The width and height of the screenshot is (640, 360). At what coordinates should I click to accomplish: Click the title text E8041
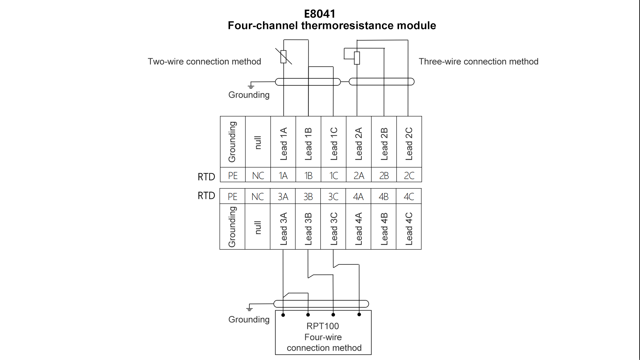(320, 14)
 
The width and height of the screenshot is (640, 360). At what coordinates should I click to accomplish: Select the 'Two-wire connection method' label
(204, 62)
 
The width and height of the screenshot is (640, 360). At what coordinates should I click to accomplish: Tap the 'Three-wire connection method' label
(478, 62)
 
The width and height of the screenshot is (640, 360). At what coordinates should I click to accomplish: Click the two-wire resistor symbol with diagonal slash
(283, 57)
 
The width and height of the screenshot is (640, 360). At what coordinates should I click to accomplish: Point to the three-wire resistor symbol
(357, 58)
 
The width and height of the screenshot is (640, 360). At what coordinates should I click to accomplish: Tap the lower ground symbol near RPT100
(249, 308)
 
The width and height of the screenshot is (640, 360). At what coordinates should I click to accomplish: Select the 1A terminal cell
(283, 176)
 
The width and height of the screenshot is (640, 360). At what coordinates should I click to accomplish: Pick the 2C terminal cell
(409, 176)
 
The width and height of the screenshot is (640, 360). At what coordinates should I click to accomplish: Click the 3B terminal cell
(308, 197)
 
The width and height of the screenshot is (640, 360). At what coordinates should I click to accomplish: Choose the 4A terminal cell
(358, 197)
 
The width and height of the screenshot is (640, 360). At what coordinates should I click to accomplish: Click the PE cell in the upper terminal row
(233, 176)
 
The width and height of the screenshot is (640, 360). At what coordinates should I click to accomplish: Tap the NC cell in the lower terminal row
(257, 197)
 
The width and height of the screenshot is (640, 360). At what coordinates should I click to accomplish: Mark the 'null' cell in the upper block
(258, 143)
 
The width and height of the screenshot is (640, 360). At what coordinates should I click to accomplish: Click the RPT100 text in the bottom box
(323, 326)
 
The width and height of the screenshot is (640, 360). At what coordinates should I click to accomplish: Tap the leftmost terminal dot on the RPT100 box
(283, 315)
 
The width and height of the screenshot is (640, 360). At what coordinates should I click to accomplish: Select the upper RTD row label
(206, 177)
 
